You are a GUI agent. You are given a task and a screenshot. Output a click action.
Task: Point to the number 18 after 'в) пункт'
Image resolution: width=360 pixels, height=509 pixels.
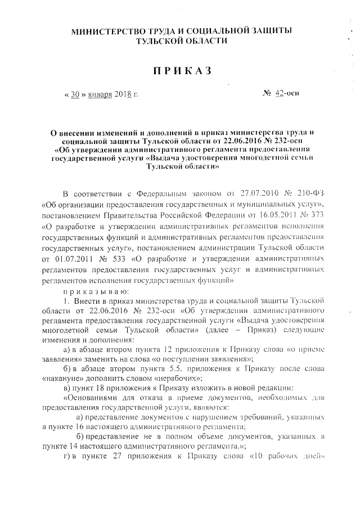(x=97, y=386)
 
